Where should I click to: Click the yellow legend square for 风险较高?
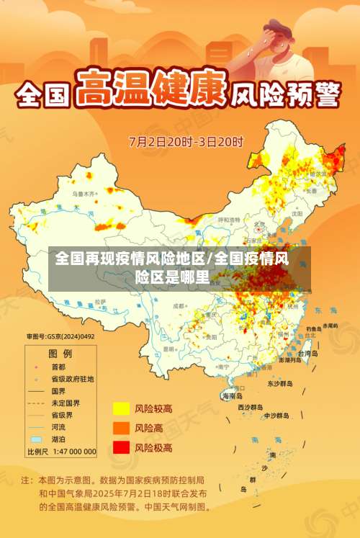pos(121,409)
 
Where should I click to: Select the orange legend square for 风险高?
pos(121,428)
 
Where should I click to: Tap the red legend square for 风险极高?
pos(121,447)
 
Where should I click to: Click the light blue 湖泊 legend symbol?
pos(35,439)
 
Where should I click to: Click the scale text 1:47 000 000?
pos(71,452)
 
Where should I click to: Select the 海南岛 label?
pos(232,395)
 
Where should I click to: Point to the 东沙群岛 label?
pos(279,384)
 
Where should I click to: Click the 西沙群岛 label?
pos(250,407)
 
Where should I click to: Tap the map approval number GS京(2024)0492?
pos(60,336)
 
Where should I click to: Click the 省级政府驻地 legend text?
pos(72,379)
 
